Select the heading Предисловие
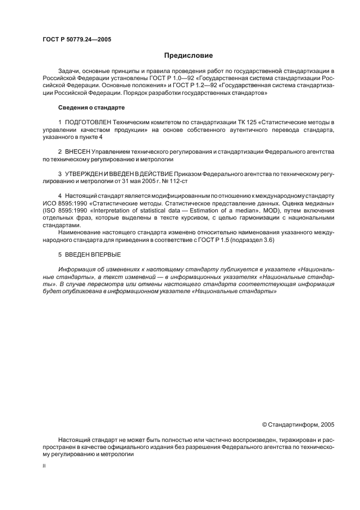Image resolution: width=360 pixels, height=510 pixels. (x=188, y=56)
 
